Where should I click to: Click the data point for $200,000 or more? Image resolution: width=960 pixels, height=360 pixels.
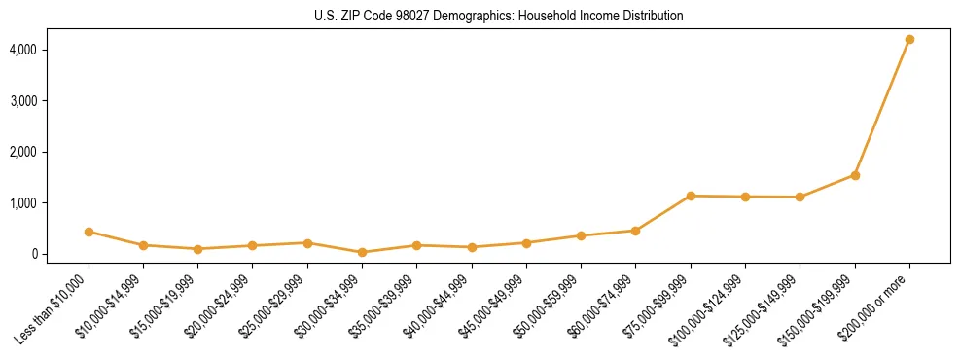(x=909, y=39)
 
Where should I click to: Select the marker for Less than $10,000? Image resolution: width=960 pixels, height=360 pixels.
(x=89, y=232)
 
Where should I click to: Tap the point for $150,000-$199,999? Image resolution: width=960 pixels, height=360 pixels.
(x=855, y=175)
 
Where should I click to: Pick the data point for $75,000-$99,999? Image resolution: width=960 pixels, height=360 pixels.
(x=691, y=196)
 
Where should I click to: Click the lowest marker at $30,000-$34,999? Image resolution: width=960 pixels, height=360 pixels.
(x=362, y=252)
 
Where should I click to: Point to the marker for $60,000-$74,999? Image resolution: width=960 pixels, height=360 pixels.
(x=636, y=231)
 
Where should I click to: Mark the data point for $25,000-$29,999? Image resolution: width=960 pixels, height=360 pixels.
(x=307, y=243)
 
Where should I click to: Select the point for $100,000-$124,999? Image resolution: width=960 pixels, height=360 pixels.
(x=745, y=197)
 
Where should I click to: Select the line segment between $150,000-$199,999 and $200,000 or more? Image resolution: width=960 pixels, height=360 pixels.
(x=882, y=107)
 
